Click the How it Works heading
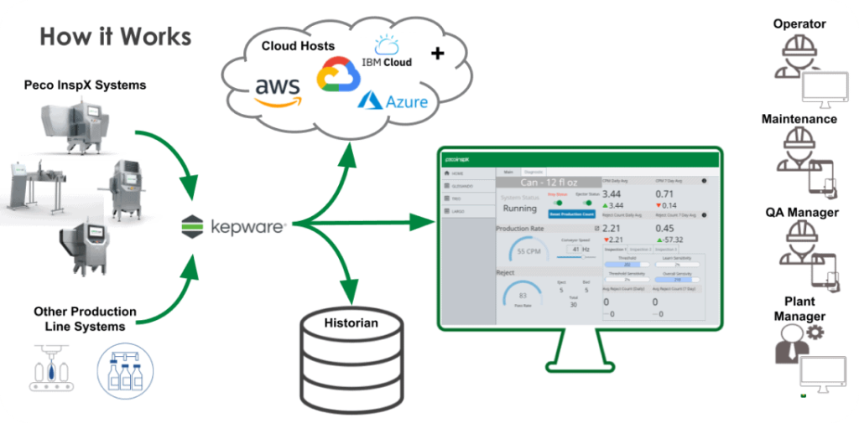116,37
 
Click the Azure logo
393,102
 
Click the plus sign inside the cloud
436,54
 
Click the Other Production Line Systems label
86,318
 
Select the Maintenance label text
799,119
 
